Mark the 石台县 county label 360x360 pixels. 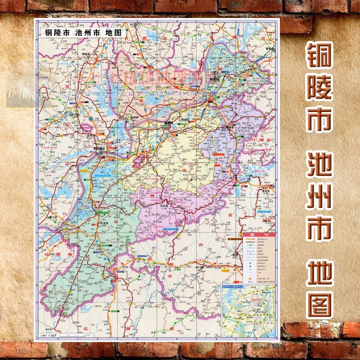pyautogui.click(x=164, y=205)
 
